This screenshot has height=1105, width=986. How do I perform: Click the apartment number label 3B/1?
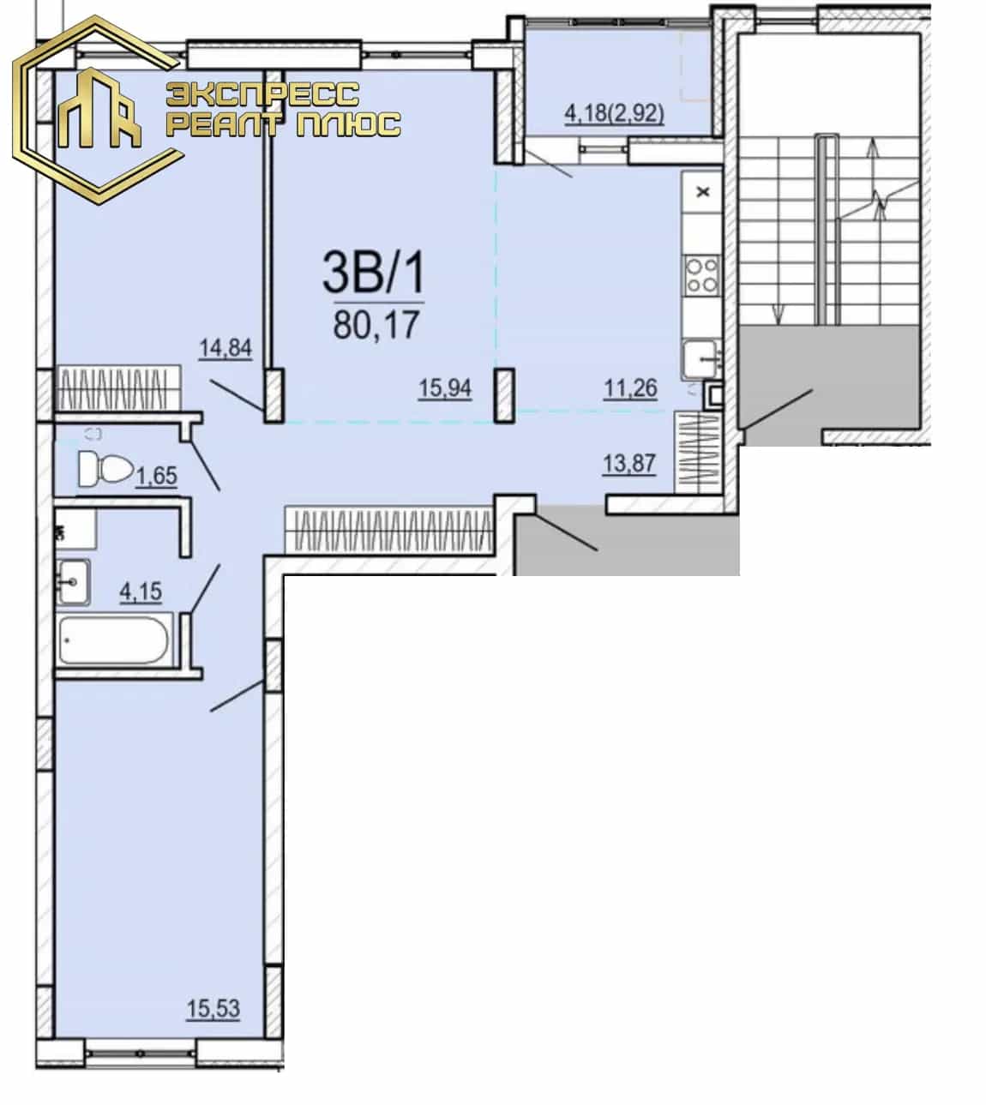pyautogui.click(x=374, y=273)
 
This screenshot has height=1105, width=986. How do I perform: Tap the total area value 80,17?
pyautogui.click(x=376, y=324)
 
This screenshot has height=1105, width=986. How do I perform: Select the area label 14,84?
pyautogui.click(x=225, y=347)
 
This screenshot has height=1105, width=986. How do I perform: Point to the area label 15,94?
pyautogui.click(x=445, y=388)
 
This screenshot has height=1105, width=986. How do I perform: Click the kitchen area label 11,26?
pyautogui.click(x=630, y=388)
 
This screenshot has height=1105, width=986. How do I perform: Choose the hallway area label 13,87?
pyautogui.click(x=628, y=464)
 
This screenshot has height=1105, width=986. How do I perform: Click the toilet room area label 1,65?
pyautogui.click(x=157, y=476)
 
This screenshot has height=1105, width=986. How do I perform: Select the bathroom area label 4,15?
pyautogui.click(x=141, y=592)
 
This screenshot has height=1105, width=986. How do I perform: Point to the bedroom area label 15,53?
pyautogui.click(x=213, y=1008)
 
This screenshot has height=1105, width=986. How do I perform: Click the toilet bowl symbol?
pyautogui.click(x=105, y=469)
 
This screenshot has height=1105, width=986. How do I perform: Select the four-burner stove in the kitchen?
pyautogui.click(x=702, y=275)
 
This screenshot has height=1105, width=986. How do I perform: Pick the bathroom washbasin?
pyautogui.click(x=74, y=581)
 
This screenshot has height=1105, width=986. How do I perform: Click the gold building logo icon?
pyautogui.click(x=99, y=109)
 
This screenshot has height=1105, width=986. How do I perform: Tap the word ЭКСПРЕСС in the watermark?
pyautogui.click(x=262, y=94)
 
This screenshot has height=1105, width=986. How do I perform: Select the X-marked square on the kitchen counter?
pyautogui.click(x=703, y=192)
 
